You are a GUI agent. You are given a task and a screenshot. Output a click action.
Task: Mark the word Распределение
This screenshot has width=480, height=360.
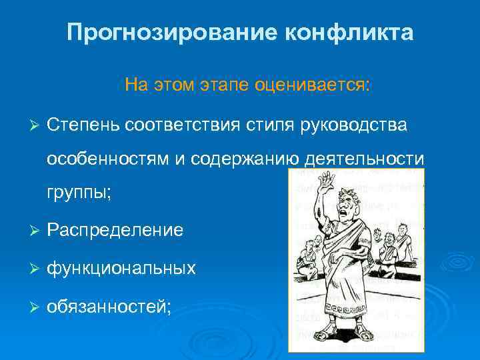coord(115,230)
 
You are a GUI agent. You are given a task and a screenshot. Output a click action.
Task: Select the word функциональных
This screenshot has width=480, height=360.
coord(121,268)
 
